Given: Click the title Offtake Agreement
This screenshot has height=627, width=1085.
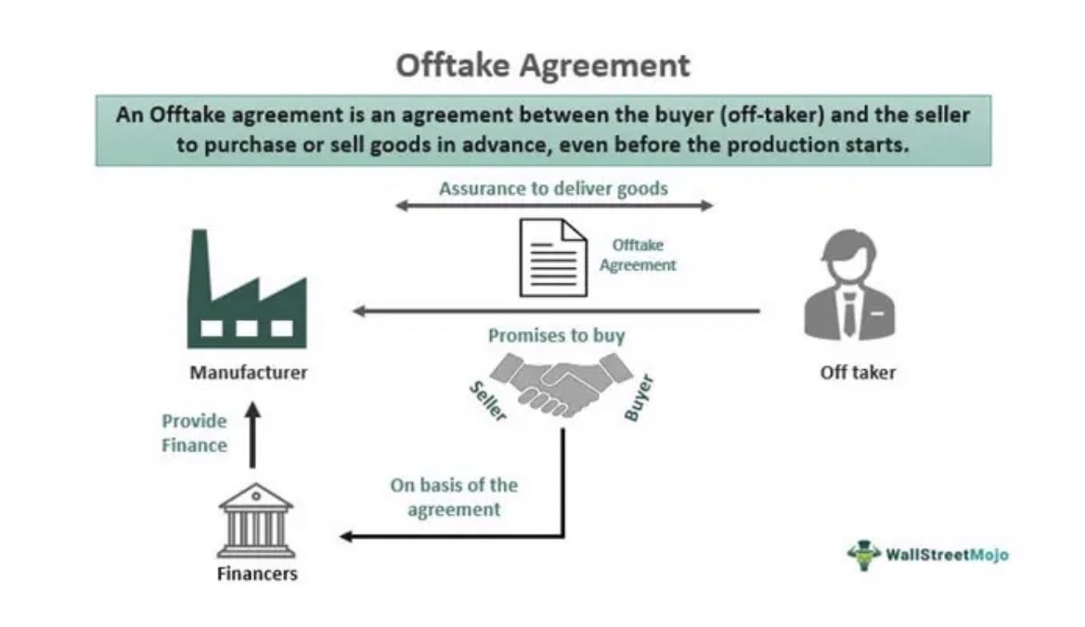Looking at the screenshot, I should pyautogui.click(x=543, y=66).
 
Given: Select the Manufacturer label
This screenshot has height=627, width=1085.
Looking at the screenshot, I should pyautogui.click(x=248, y=374).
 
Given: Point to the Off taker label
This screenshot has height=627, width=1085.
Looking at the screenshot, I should pyautogui.click(x=858, y=374).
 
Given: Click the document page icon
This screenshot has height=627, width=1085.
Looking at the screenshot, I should pyautogui.click(x=552, y=257).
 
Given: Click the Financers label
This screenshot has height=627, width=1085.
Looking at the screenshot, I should pyautogui.click(x=257, y=574).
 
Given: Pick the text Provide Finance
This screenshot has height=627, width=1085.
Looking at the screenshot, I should pyautogui.click(x=195, y=433).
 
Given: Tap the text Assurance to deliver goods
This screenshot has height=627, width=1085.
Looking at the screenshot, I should pyautogui.click(x=553, y=189).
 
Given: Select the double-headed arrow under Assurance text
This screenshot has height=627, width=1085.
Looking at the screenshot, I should pyautogui.click(x=554, y=206).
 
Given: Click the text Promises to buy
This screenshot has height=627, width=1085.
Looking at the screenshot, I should pyautogui.click(x=556, y=335).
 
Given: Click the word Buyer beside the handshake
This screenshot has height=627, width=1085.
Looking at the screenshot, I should pyautogui.click(x=639, y=399).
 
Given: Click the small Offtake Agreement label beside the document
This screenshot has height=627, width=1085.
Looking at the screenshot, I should pyautogui.click(x=638, y=255).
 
